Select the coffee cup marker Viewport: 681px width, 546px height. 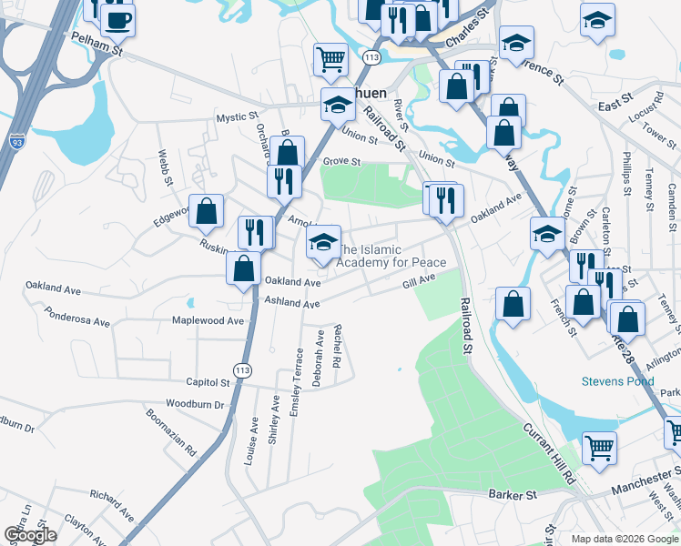click(x=117, y=19)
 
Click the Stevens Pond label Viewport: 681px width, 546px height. click(x=618, y=381)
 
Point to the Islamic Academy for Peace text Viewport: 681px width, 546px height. click(x=392, y=256)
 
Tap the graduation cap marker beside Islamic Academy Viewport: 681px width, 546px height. click(x=323, y=243)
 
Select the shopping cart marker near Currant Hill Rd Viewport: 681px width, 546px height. click(x=599, y=448)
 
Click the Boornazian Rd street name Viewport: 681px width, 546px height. click(x=171, y=431)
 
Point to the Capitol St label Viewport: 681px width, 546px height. click(x=208, y=383)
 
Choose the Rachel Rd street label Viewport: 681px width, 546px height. click(x=336, y=347)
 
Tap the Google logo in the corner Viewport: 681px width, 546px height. click(x=30, y=535)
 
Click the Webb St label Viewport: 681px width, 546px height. click(x=166, y=168)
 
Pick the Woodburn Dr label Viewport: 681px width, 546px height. click(x=195, y=403)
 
